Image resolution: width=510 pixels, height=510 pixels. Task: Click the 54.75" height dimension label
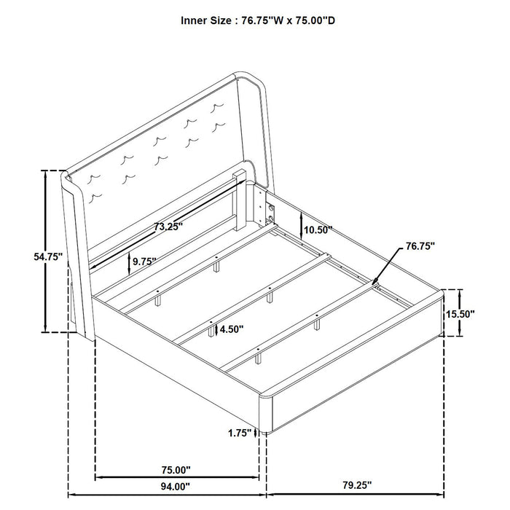(48, 256)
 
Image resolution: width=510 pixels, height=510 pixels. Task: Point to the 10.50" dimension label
(318, 230)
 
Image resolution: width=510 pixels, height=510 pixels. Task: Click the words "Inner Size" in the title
(207, 21)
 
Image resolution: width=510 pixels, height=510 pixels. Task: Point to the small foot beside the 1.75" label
(266, 433)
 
